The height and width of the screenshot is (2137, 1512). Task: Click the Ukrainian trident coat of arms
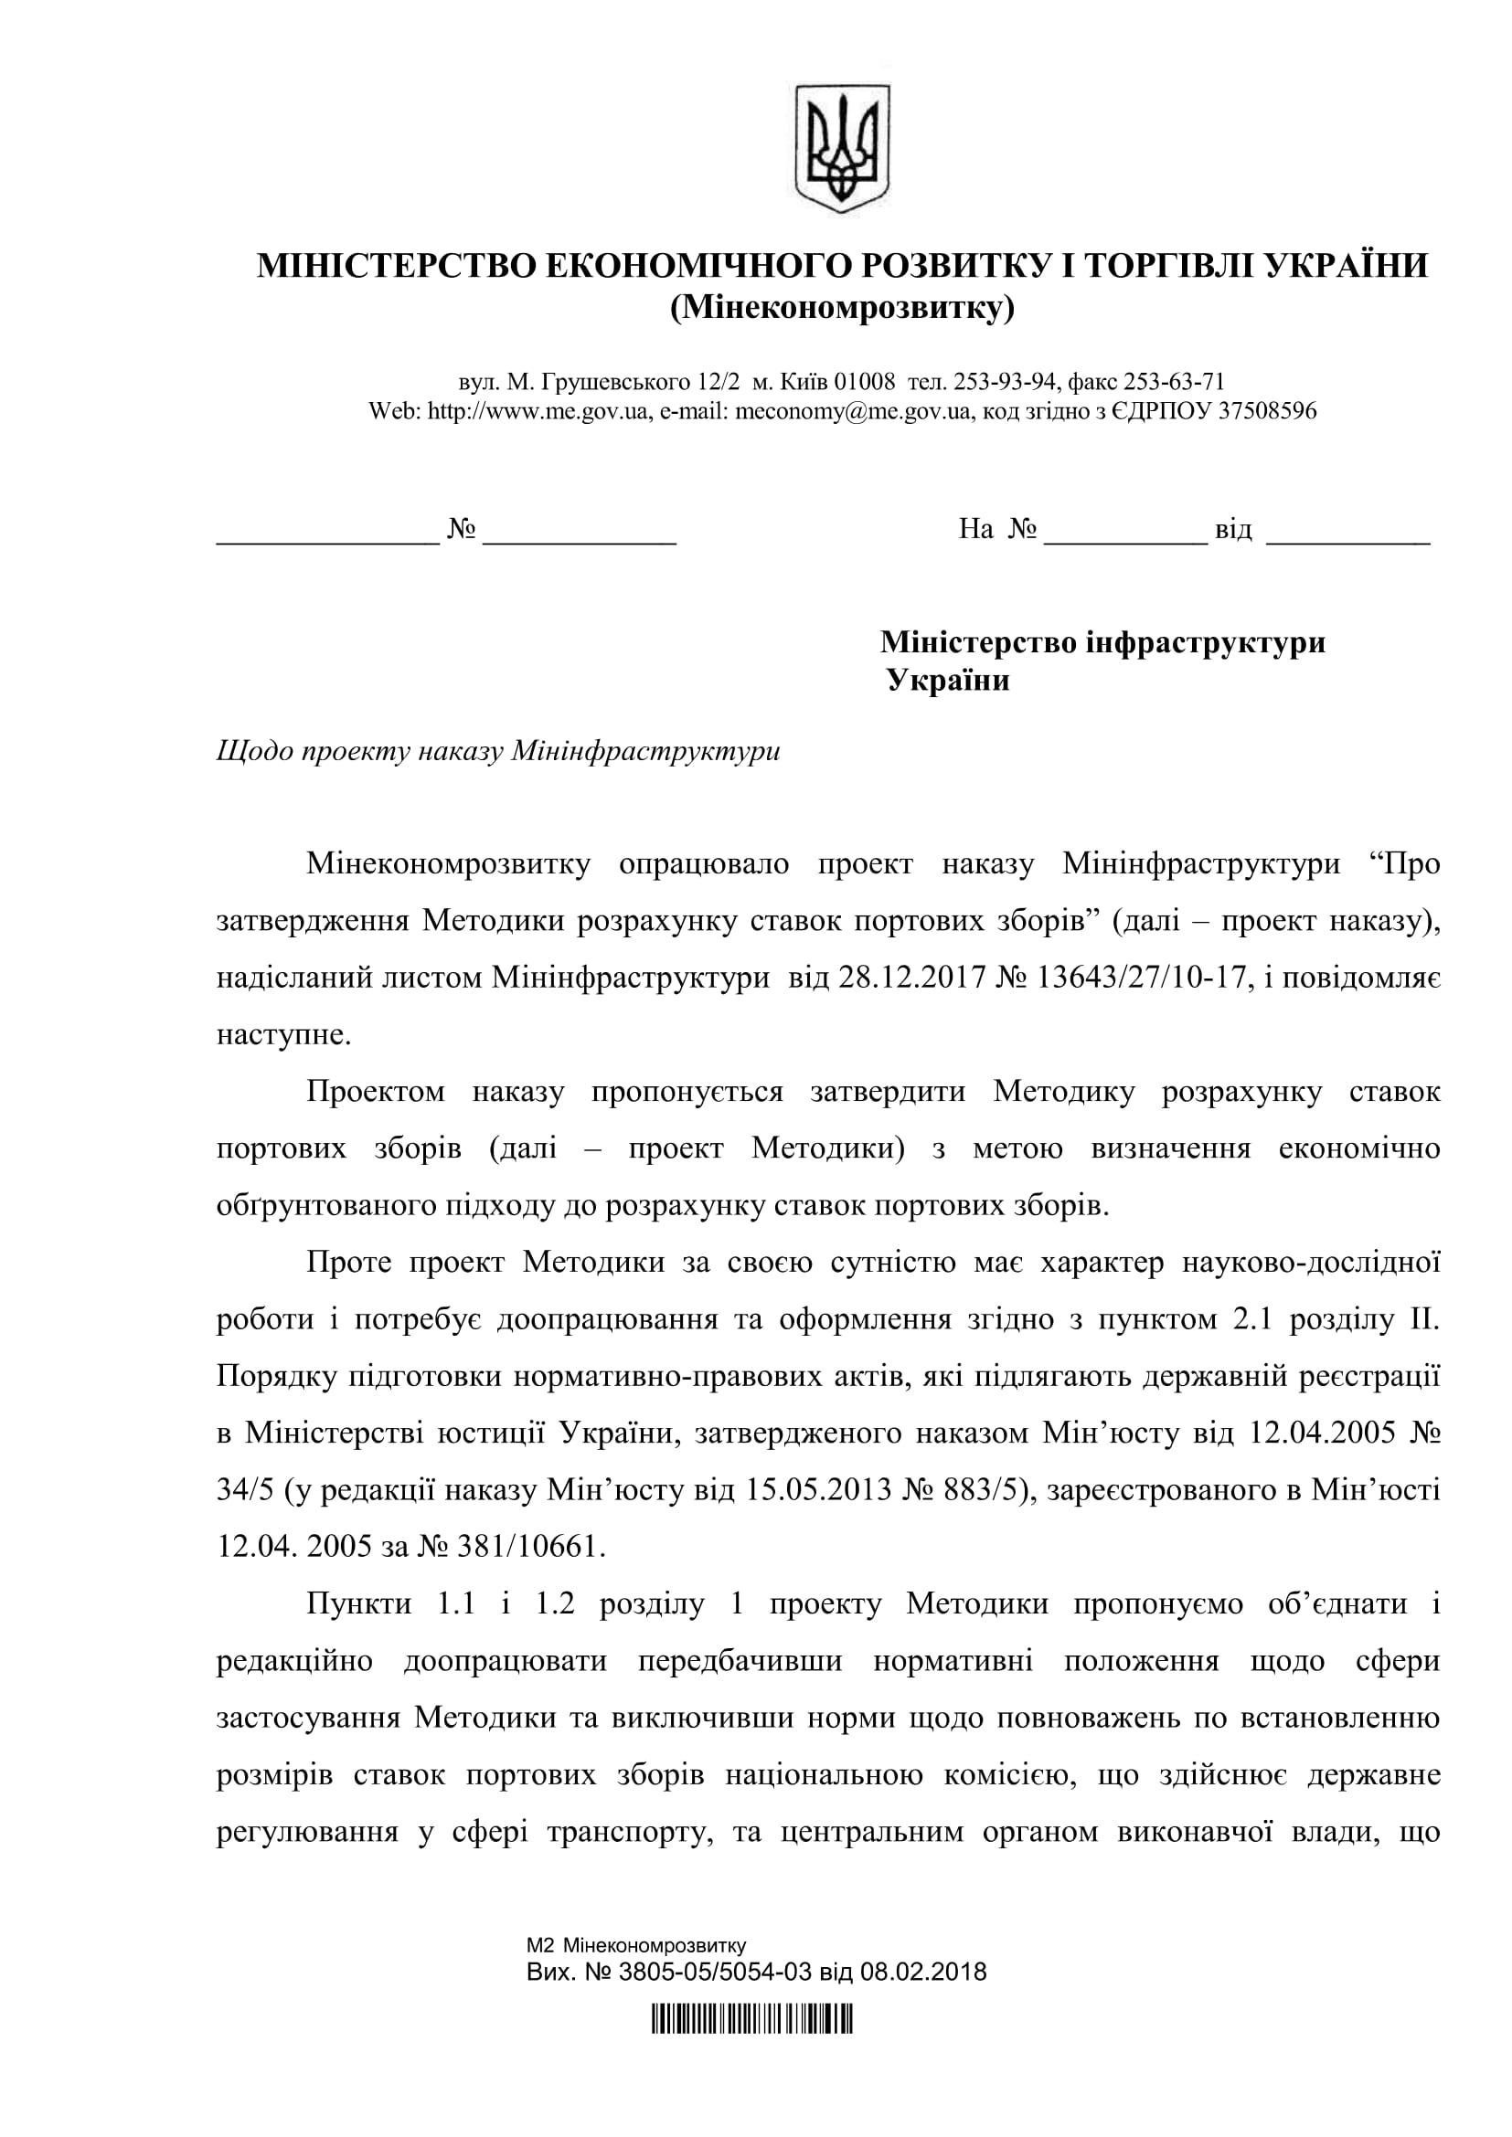pos(842,147)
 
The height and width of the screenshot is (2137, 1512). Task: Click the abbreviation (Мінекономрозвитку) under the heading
pos(842,307)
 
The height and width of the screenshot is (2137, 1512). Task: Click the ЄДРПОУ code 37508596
pos(1267,411)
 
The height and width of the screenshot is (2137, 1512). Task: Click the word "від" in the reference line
pos(1233,531)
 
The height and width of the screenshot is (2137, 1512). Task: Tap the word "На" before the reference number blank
pos(975,531)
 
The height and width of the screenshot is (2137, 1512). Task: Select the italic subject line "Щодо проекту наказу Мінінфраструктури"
pos(498,751)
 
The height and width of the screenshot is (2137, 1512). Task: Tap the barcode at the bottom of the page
pos(752,2024)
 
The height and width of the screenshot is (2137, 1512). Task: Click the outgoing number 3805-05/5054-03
pos(715,1973)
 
